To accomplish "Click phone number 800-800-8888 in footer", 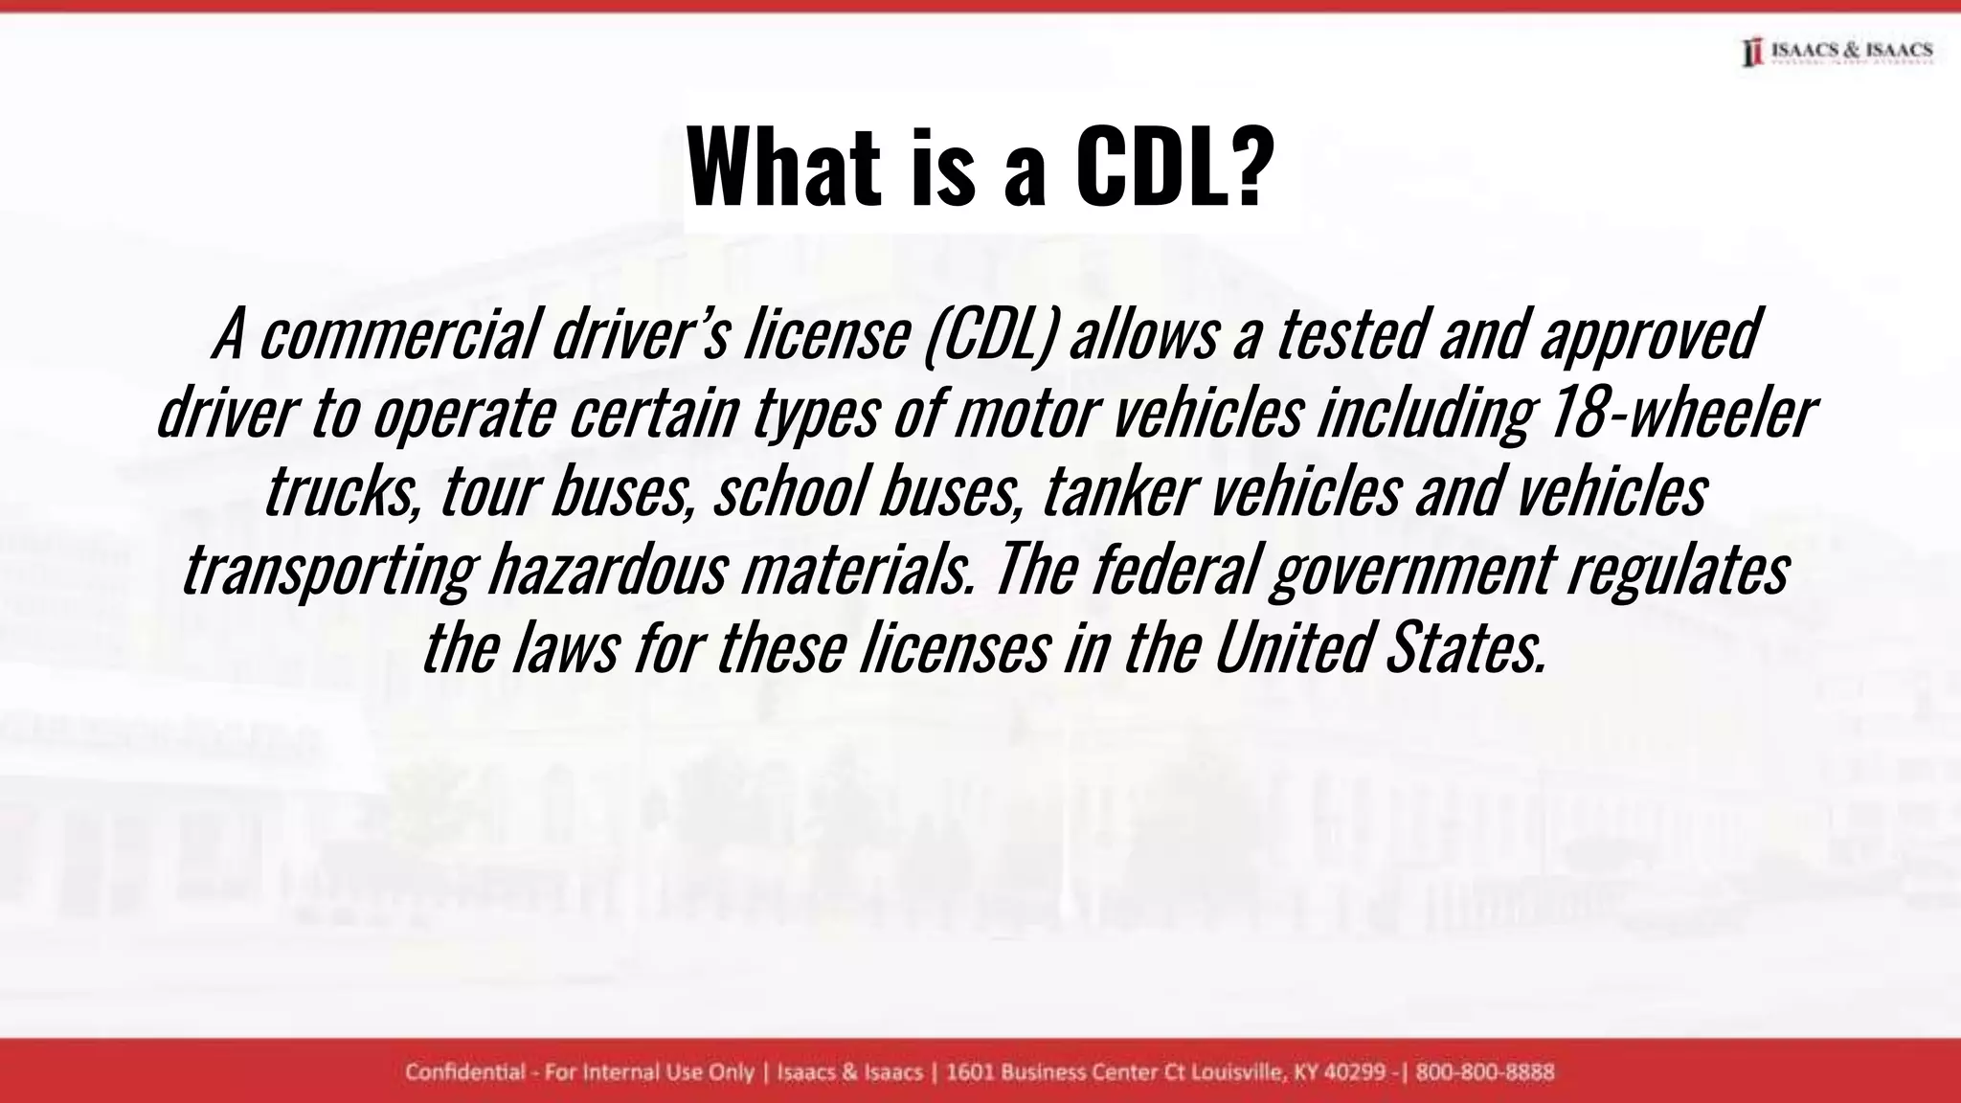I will point(1485,1071).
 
